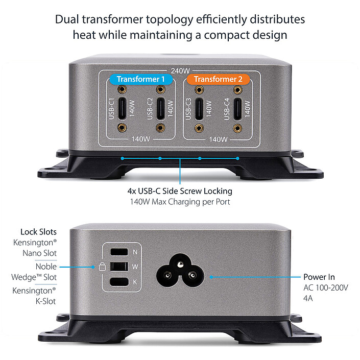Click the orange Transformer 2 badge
(x=218, y=79)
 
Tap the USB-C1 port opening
(x=123, y=108)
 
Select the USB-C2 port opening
(x=160, y=108)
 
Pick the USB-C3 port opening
(x=200, y=108)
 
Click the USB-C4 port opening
(x=237, y=108)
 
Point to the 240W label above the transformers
(x=180, y=71)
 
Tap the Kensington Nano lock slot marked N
(x=118, y=252)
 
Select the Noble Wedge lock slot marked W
(x=118, y=266)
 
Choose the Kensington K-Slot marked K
(x=118, y=281)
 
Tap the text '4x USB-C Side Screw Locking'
(x=180, y=191)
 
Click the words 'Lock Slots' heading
(x=38, y=232)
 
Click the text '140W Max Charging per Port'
(x=180, y=202)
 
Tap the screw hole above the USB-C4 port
(x=237, y=89)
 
